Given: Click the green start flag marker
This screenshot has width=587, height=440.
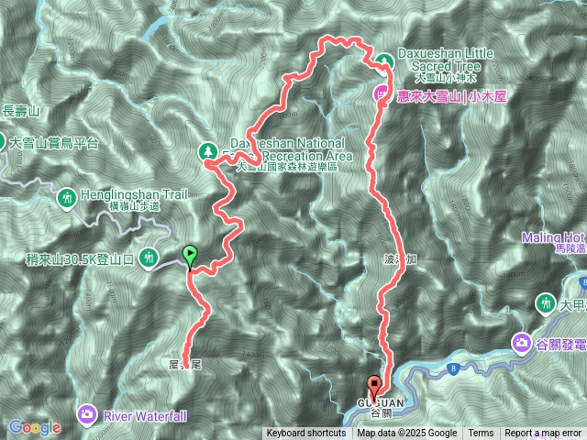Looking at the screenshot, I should (x=190, y=254).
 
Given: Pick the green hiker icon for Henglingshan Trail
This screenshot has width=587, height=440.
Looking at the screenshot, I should (x=66, y=197).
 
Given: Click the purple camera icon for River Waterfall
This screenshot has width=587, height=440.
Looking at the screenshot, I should (x=87, y=415).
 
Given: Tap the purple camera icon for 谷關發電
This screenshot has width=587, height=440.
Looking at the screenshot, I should (x=521, y=343).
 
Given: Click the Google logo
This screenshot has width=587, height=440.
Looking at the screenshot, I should (x=34, y=427).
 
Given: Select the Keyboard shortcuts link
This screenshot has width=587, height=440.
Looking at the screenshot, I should (x=306, y=434).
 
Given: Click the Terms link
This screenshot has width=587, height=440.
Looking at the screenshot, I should (x=481, y=434).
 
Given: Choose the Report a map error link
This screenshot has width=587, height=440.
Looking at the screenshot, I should (x=543, y=434).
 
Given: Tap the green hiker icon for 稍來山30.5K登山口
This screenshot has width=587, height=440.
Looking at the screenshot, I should (x=149, y=259).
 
